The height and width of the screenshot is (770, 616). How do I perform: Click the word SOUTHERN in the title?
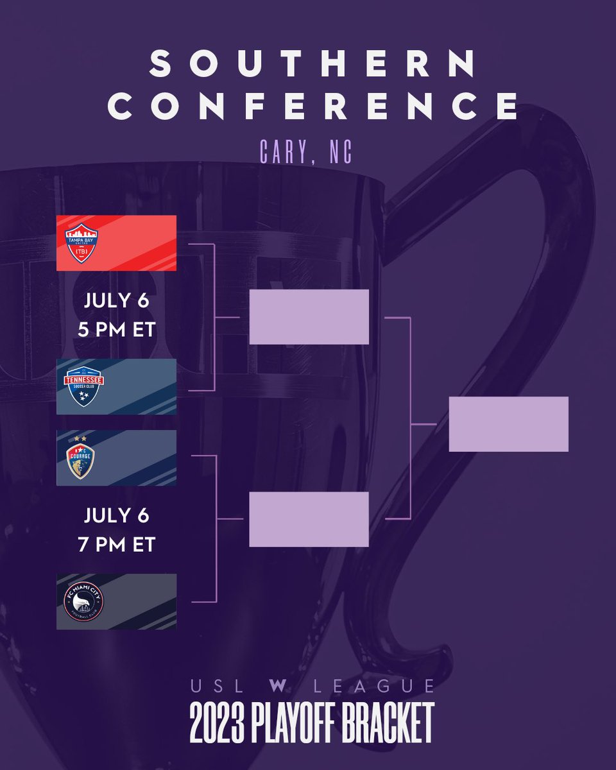tap(313, 64)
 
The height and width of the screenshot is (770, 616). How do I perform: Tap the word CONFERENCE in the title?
tap(313, 107)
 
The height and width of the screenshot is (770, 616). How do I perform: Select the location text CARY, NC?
tap(307, 151)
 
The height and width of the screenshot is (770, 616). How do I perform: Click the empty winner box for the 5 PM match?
tap(309, 316)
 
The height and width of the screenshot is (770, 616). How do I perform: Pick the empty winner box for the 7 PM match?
tap(309, 519)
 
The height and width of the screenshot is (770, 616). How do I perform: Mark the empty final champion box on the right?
tap(508, 424)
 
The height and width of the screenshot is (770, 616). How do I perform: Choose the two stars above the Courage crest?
tap(81, 438)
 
